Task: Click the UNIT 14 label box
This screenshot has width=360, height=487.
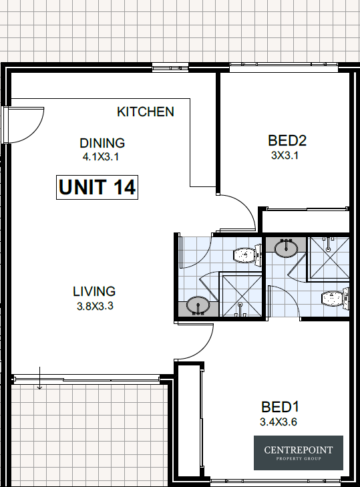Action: [97, 187]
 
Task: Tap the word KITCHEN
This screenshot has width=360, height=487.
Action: [146, 112]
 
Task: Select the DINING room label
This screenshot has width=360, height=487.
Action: [102, 143]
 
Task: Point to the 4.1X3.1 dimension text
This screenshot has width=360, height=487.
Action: [101, 157]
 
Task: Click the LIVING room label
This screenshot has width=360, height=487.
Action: [94, 292]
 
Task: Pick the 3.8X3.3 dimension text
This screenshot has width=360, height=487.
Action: [95, 306]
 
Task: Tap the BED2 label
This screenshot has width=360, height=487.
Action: [287, 141]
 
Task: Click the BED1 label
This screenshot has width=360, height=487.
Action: [280, 408]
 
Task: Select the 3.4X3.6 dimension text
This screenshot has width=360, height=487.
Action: [279, 422]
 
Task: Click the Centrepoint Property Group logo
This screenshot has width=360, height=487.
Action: [299, 453]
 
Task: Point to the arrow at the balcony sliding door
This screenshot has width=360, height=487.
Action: [39, 378]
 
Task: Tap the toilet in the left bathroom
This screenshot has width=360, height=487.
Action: [247, 255]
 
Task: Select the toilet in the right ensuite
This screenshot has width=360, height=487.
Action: [335, 299]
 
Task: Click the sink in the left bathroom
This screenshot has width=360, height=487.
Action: [198, 305]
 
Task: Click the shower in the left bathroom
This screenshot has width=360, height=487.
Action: [240, 295]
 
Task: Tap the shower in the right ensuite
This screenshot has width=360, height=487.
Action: [329, 259]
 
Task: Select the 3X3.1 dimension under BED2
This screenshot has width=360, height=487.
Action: [285, 155]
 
